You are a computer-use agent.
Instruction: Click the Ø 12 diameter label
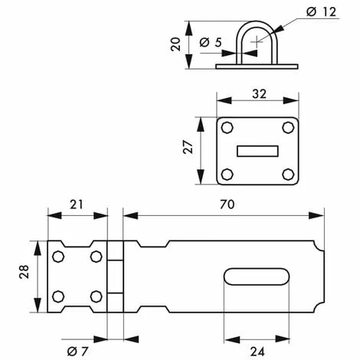coord(321,11)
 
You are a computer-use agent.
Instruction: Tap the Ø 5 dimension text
coord(211,42)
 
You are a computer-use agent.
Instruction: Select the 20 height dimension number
coord(175,44)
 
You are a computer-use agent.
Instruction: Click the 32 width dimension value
coord(259,94)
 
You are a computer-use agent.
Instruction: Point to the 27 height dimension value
coord(188,147)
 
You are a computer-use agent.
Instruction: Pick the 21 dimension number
coord(77,205)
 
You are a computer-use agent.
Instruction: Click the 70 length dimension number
coord(227,205)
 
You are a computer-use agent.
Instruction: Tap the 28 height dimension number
coord(24,271)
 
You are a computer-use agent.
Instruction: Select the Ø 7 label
coord(77,352)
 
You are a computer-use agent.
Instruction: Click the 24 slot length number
coord(257,352)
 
